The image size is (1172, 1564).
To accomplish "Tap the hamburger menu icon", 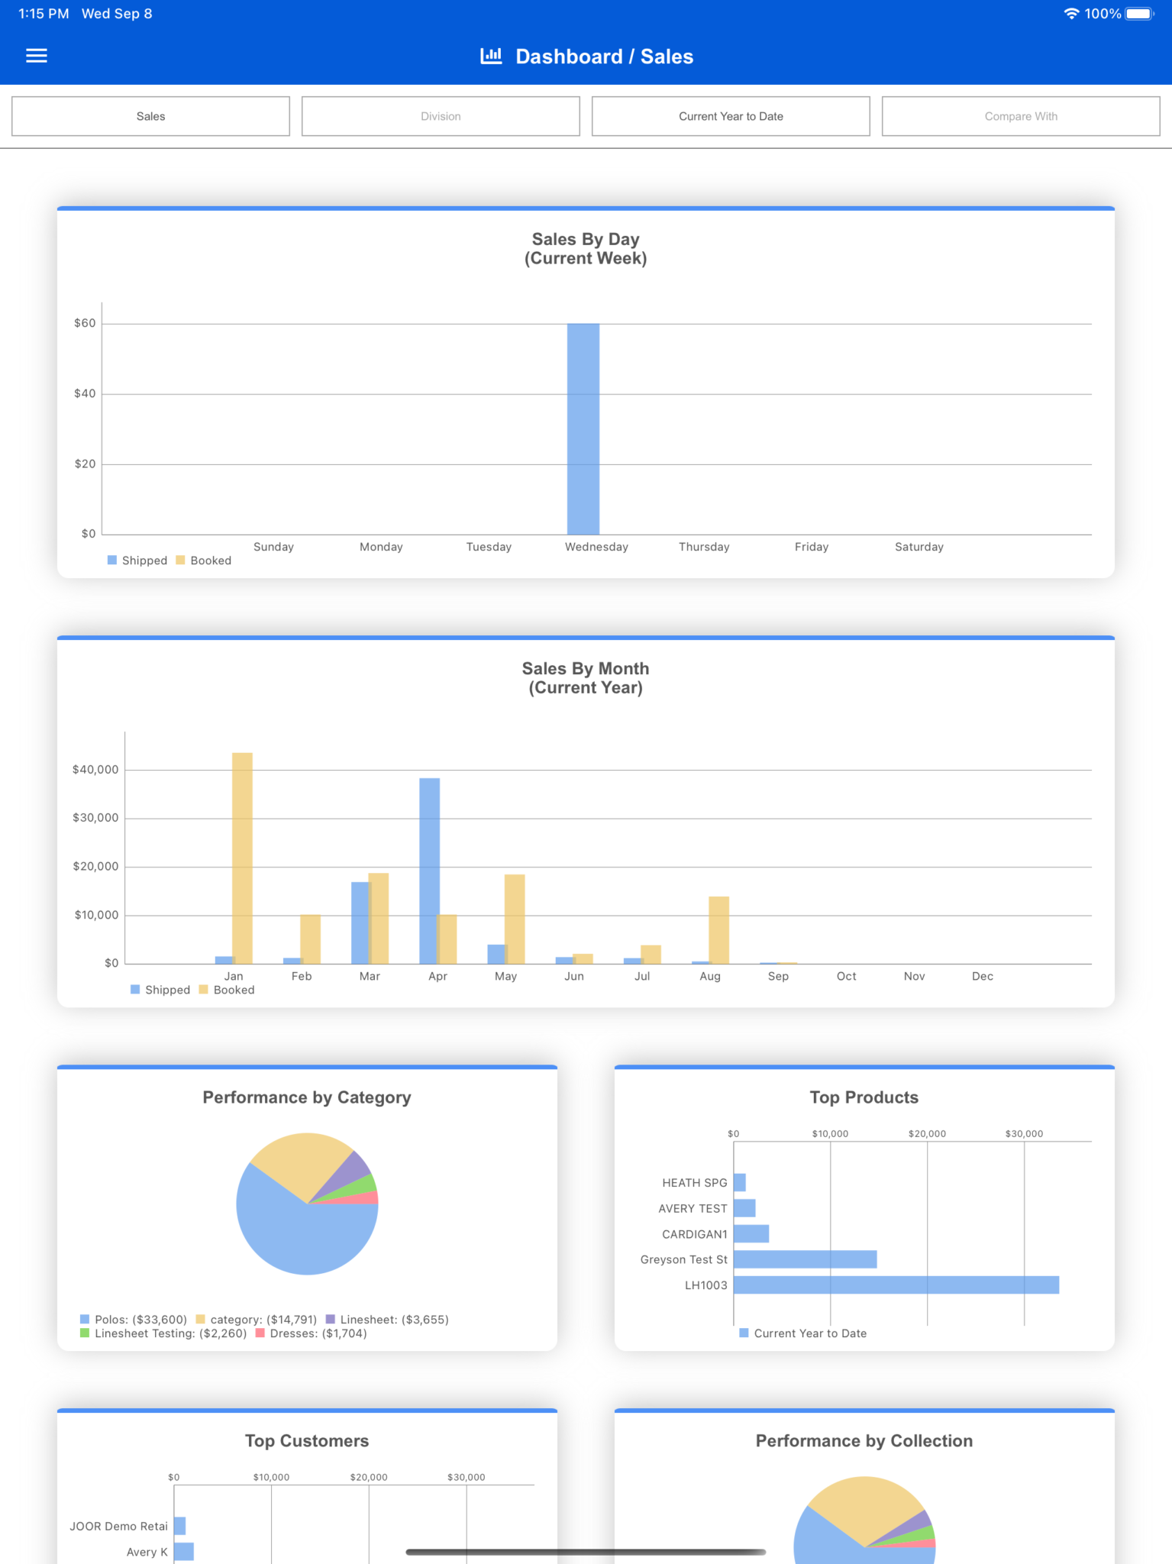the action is [37, 56].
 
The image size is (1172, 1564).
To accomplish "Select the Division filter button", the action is [441, 116].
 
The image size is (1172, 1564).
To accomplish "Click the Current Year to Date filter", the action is [731, 116].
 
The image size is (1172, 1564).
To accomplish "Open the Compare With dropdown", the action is [1021, 116].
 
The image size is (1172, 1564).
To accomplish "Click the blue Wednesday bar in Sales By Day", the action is [583, 429].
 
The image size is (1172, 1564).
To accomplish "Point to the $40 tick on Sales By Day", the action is [85, 394].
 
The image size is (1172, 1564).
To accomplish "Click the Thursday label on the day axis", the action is [704, 547].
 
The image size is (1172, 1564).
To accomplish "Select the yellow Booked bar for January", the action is [242, 858].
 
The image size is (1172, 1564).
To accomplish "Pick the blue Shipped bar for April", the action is [429, 871].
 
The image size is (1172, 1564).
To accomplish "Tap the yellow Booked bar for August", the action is [718, 930].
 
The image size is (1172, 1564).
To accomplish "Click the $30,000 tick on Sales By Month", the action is [95, 818].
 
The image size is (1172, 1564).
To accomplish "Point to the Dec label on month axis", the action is [983, 976].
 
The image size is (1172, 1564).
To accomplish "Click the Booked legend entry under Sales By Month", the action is [227, 990].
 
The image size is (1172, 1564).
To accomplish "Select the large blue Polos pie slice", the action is [298, 1230].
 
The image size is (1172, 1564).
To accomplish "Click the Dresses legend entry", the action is [312, 1333].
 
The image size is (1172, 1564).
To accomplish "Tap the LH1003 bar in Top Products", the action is [896, 1285].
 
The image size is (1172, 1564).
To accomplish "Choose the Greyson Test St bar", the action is [806, 1259].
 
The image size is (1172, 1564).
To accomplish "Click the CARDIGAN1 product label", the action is [695, 1234].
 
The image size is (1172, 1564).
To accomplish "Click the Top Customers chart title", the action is [307, 1441].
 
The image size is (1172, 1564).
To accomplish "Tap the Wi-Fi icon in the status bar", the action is [1071, 14].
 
